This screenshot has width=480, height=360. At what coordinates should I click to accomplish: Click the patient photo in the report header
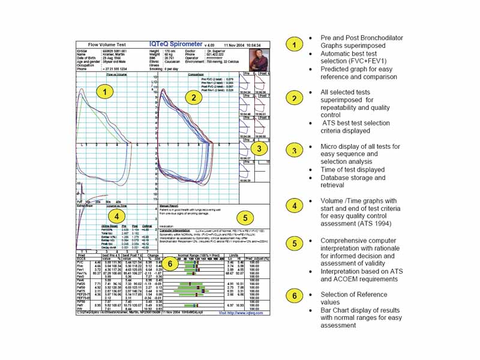pyautogui.click(x=258, y=60)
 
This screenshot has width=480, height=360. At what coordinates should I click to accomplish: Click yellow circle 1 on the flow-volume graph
pyautogui.click(x=104, y=92)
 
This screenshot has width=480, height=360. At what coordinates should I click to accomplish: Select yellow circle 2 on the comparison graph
pyautogui.click(x=193, y=97)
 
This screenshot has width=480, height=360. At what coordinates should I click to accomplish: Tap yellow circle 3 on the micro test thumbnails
pyautogui.click(x=258, y=148)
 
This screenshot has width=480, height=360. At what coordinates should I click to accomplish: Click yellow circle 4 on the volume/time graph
pyautogui.click(x=118, y=215)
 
